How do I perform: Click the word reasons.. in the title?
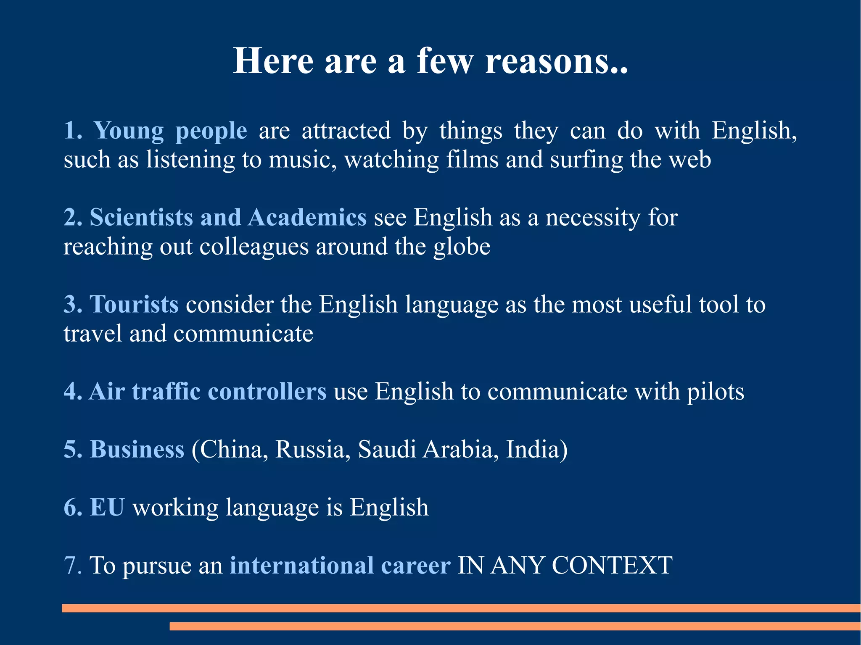556,61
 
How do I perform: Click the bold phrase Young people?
170,131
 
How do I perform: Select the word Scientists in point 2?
141,218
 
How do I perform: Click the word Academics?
307,218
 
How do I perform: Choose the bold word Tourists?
134,304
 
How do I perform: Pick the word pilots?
715,392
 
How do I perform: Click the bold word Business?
137,449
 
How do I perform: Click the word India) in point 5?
536,449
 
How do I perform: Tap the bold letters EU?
107,507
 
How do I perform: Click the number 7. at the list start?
73,565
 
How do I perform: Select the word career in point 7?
415,565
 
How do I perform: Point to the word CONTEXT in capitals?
612,565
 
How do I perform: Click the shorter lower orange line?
515,626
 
